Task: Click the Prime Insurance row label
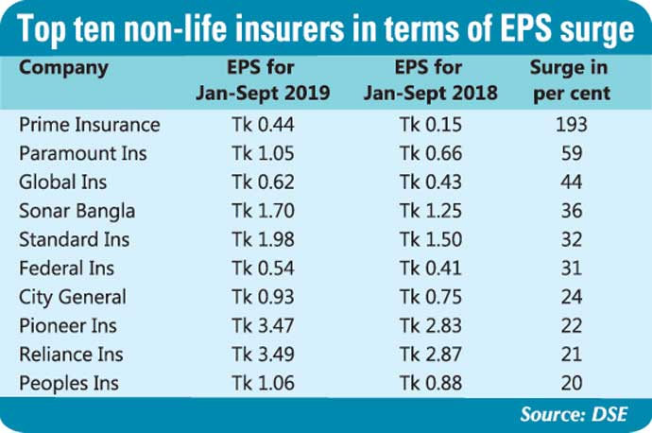click(90, 125)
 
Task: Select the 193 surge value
click(572, 125)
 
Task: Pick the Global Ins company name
click(62, 182)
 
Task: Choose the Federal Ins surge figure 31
click(572, 268)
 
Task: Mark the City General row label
click(73, 297)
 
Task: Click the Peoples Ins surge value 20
click(572, 384)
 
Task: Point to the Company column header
click(63, 68)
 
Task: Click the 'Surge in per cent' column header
click(570, 79)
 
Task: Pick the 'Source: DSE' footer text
click(576, 414)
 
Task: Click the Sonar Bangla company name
click(77, 211)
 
